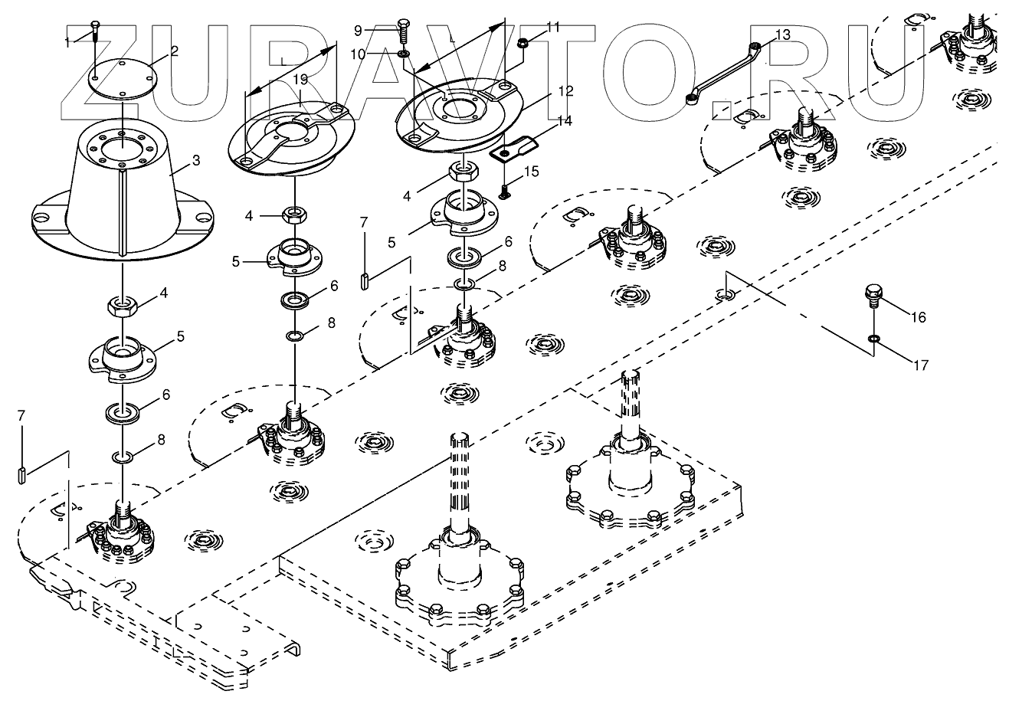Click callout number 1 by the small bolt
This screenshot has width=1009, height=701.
coord(68,42)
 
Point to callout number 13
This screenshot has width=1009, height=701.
coord(782,35)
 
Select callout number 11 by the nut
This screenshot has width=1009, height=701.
coord(553,28)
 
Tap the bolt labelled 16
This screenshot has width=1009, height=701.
coord(874,296)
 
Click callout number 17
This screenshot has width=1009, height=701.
coord(921,365)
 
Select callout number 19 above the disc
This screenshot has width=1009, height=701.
coord(300,80)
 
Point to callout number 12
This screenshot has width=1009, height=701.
coord(565,91)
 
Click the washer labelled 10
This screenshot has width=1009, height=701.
coord(404,54)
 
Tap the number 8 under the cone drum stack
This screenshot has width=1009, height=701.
coord(160,441)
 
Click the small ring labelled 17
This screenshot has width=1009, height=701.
coord(874,337)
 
